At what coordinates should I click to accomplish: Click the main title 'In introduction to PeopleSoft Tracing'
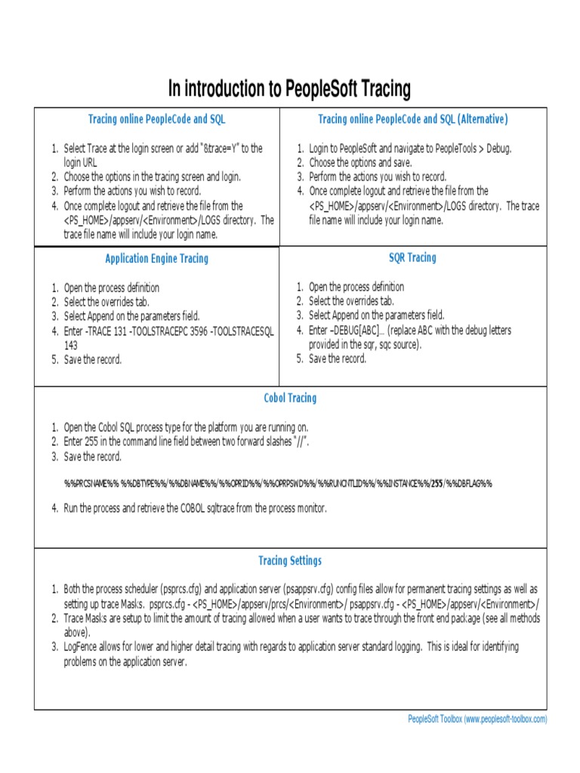click(289, 90)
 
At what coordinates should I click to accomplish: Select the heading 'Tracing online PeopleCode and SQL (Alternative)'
click(412, 119)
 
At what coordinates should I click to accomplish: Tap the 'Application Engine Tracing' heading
click(156, 259)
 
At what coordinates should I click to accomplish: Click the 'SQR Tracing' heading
click(412, 258)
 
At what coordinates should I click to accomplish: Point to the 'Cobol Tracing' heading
click(290, 398)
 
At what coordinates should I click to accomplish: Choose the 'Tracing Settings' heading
click(290, 561)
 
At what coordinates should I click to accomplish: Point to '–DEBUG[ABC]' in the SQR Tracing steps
click(355, 330)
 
